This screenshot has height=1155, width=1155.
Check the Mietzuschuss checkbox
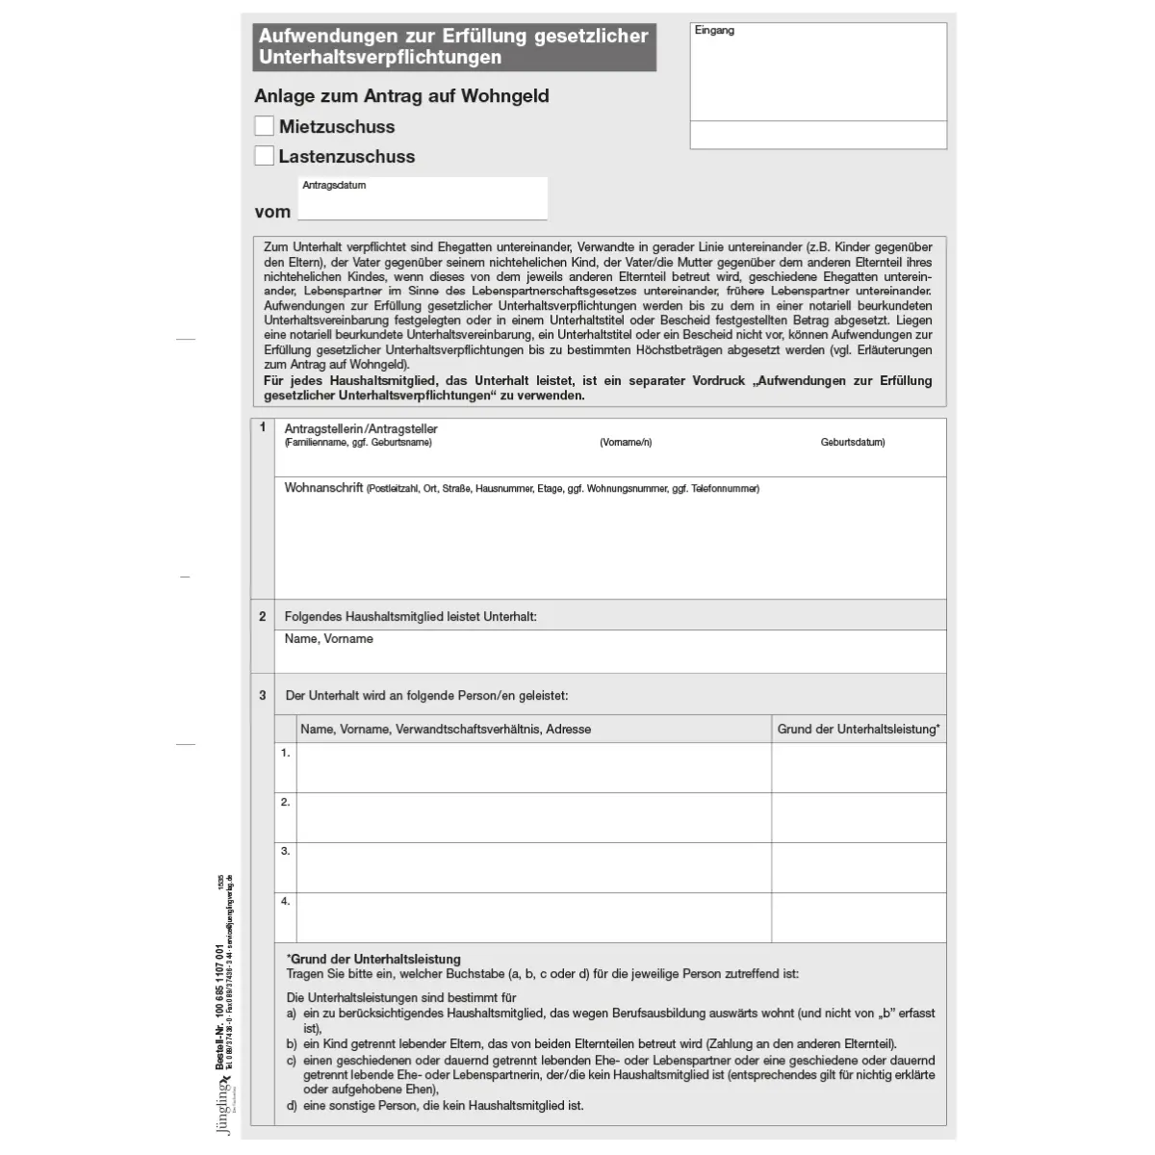click(264, 126)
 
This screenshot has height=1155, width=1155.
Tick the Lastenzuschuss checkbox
click(264, 156)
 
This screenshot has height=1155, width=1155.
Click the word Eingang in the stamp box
click(714, 31)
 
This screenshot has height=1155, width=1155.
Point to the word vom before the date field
click(272, 212)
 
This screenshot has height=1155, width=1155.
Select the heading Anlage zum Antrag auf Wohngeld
click(401, 96)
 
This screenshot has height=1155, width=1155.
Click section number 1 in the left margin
click(262, 427)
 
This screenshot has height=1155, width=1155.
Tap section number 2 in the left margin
click(262, 616)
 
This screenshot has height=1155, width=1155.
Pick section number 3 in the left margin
click(262, 695)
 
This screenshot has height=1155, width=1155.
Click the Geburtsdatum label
click(852, 443)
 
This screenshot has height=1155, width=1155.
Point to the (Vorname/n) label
click(626, 443)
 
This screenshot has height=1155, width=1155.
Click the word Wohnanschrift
click(323, 488)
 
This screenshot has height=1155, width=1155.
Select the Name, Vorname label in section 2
click(328, 639)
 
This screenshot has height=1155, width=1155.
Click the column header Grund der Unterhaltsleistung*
click(859, 730)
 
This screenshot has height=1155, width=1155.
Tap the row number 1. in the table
click(285, 753)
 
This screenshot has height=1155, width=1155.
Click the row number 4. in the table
click(285, 902)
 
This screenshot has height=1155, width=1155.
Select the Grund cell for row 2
click(859, 818)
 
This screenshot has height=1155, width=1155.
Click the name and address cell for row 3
click(533, 868)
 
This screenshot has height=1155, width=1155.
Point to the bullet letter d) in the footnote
click(292, 1106)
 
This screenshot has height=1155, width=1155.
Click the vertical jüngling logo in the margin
click(225, 1106)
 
